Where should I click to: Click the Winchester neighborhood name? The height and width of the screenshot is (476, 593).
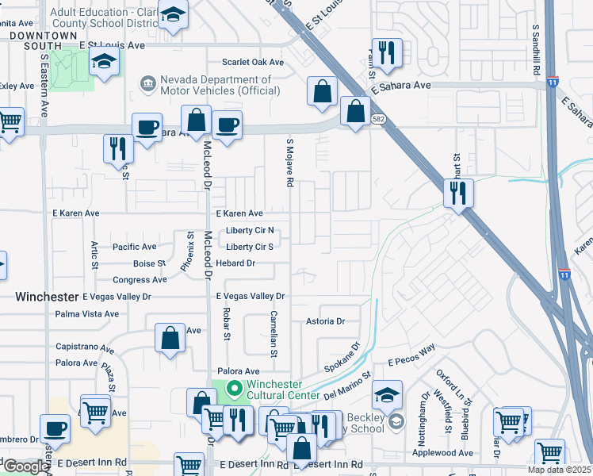48,296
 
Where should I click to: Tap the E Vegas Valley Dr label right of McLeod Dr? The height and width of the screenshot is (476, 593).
251,296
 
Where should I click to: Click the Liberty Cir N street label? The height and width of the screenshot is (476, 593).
250,230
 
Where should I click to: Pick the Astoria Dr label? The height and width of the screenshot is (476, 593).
326,321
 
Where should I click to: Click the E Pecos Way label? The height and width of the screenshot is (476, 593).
412,355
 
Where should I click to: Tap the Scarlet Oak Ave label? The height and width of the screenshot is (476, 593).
253,62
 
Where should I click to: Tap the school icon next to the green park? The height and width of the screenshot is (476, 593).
103,62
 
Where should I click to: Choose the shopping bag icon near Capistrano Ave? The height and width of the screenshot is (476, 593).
170,338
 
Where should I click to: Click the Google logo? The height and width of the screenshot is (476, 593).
26,466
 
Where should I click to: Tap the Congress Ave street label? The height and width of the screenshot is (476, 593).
140,280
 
